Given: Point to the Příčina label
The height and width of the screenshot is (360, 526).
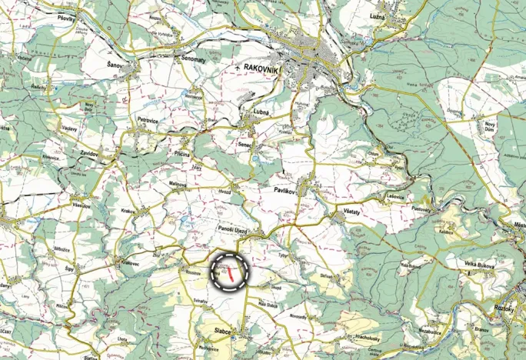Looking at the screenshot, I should click(181, 155).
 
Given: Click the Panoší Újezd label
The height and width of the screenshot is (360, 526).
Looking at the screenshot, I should click(228, 228).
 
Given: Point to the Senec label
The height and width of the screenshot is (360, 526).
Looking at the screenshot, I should click(245, 144).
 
